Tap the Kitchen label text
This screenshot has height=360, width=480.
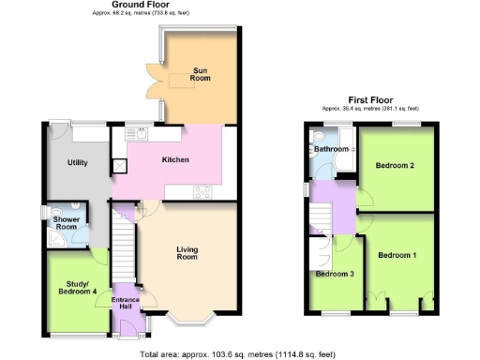[175, 160]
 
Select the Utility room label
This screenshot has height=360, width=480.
[77, 163]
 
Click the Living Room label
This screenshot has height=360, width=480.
[188, 253]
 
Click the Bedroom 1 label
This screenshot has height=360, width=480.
[397, 255]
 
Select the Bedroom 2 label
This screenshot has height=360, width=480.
[395, 166]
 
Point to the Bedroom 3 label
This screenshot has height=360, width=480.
[334, 275]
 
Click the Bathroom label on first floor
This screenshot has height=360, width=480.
[331, 149]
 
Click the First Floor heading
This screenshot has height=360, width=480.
[371, 99]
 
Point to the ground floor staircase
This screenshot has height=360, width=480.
[123, 243]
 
